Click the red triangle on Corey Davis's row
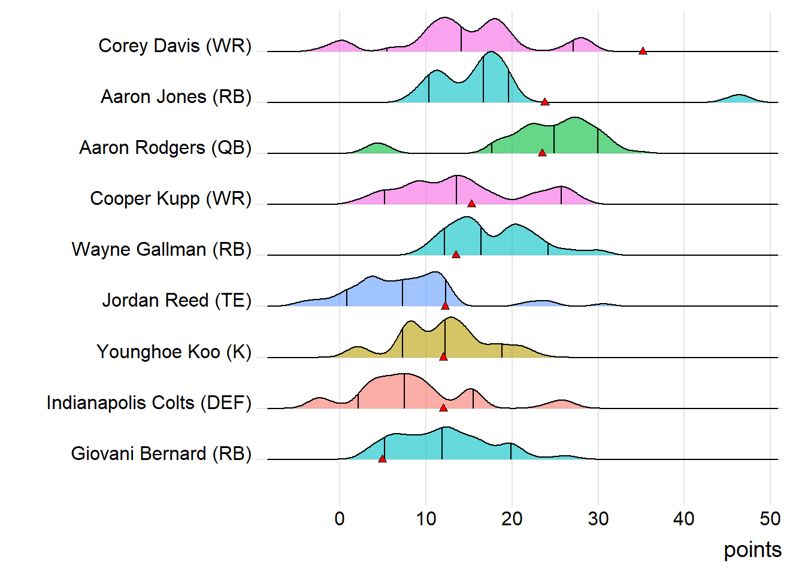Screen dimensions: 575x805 [643, 51]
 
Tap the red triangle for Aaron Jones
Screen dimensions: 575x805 [545, 102]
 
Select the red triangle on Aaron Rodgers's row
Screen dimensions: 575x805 [542, 153]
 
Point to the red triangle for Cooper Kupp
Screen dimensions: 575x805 [471, 204]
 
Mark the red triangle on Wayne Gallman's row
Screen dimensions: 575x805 [456, 255]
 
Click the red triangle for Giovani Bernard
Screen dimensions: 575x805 [382, 459]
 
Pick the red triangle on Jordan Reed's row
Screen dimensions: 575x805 [445, 306]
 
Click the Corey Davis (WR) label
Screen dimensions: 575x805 [175, 46]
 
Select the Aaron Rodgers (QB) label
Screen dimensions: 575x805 [165, 147]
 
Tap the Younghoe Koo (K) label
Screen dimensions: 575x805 [174, 352]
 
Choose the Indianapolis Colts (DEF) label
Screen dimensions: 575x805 [149, 402]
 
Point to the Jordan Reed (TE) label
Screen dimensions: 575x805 [177, 300]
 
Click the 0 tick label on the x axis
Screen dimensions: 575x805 [340, 519]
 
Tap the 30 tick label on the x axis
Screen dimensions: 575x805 [598, 519]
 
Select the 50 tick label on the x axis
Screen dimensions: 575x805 [770, 519]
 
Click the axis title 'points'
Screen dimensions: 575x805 [752, 550]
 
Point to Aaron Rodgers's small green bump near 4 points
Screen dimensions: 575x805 [377, 149]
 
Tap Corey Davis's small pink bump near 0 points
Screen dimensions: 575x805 [341, 46]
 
